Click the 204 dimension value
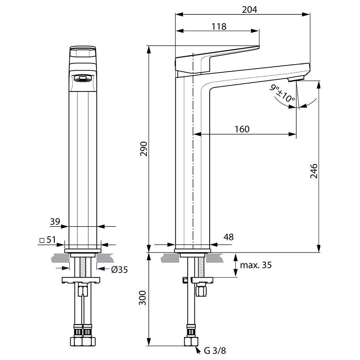tap(249, 10)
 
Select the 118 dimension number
tap(219, 27)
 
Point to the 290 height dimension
tap(144, 149)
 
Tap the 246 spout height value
tap(314, 171)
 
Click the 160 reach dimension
tap(242, 129)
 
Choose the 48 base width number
tap(229, 237)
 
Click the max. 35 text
tap(256, 265)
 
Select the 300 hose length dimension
tap(143, 298)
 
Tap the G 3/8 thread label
tap(215, 351)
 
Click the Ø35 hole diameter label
tap(120, 270)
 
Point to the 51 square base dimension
tap(51, 240)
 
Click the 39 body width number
tap(55, 221)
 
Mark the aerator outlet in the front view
tap(83, 78)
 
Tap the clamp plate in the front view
tap(81, 280)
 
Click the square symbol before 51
tap(42, 240)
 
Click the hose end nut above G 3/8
tap(191, 342)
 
